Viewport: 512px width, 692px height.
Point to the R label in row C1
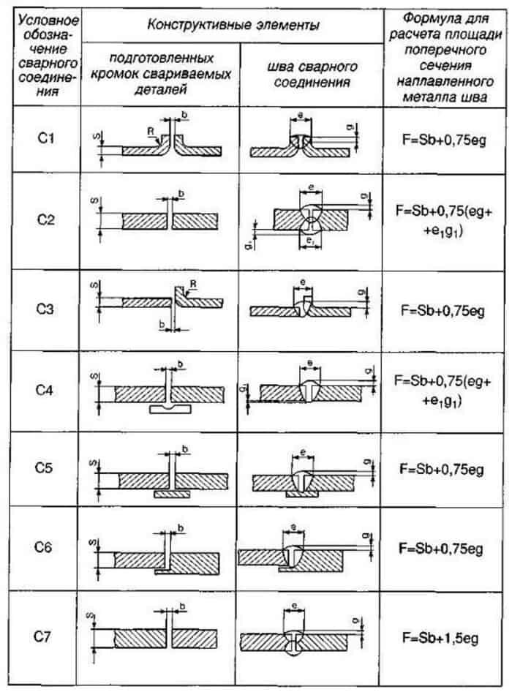[150, 131]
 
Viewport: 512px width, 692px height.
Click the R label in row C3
[192, 282]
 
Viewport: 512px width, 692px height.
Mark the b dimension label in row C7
[181, 606]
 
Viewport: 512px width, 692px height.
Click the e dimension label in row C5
[302, 452]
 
